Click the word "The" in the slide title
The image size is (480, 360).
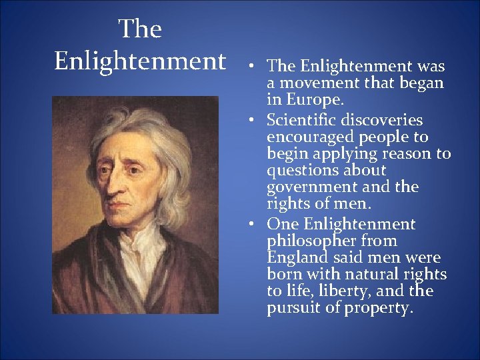pyautogui.click(x=140, y=29)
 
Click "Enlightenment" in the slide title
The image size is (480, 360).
pyautogui.click(x=140, y=61)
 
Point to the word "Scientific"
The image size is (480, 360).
pyautogui.click(x=303, y=120)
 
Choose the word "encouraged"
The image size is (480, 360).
pyautogui.click(x=310, y=137)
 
